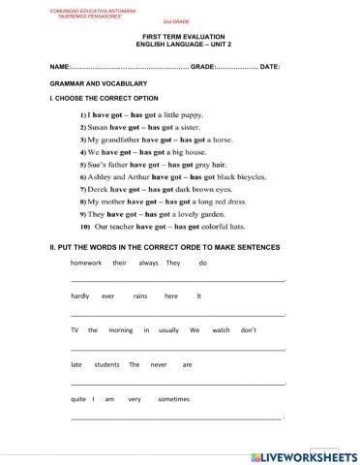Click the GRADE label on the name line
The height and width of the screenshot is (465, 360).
204,66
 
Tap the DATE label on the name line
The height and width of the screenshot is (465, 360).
270,66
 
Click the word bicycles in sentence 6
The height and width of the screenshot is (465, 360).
238,176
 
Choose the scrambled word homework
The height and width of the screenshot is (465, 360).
86,263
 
